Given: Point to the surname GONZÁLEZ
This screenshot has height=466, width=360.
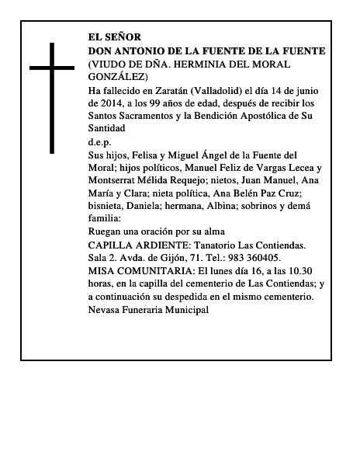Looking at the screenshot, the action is click(118, 77).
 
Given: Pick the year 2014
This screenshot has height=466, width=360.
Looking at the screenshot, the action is click(113, 103).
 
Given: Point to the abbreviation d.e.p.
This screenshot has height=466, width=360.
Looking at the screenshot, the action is click(101, 143).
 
